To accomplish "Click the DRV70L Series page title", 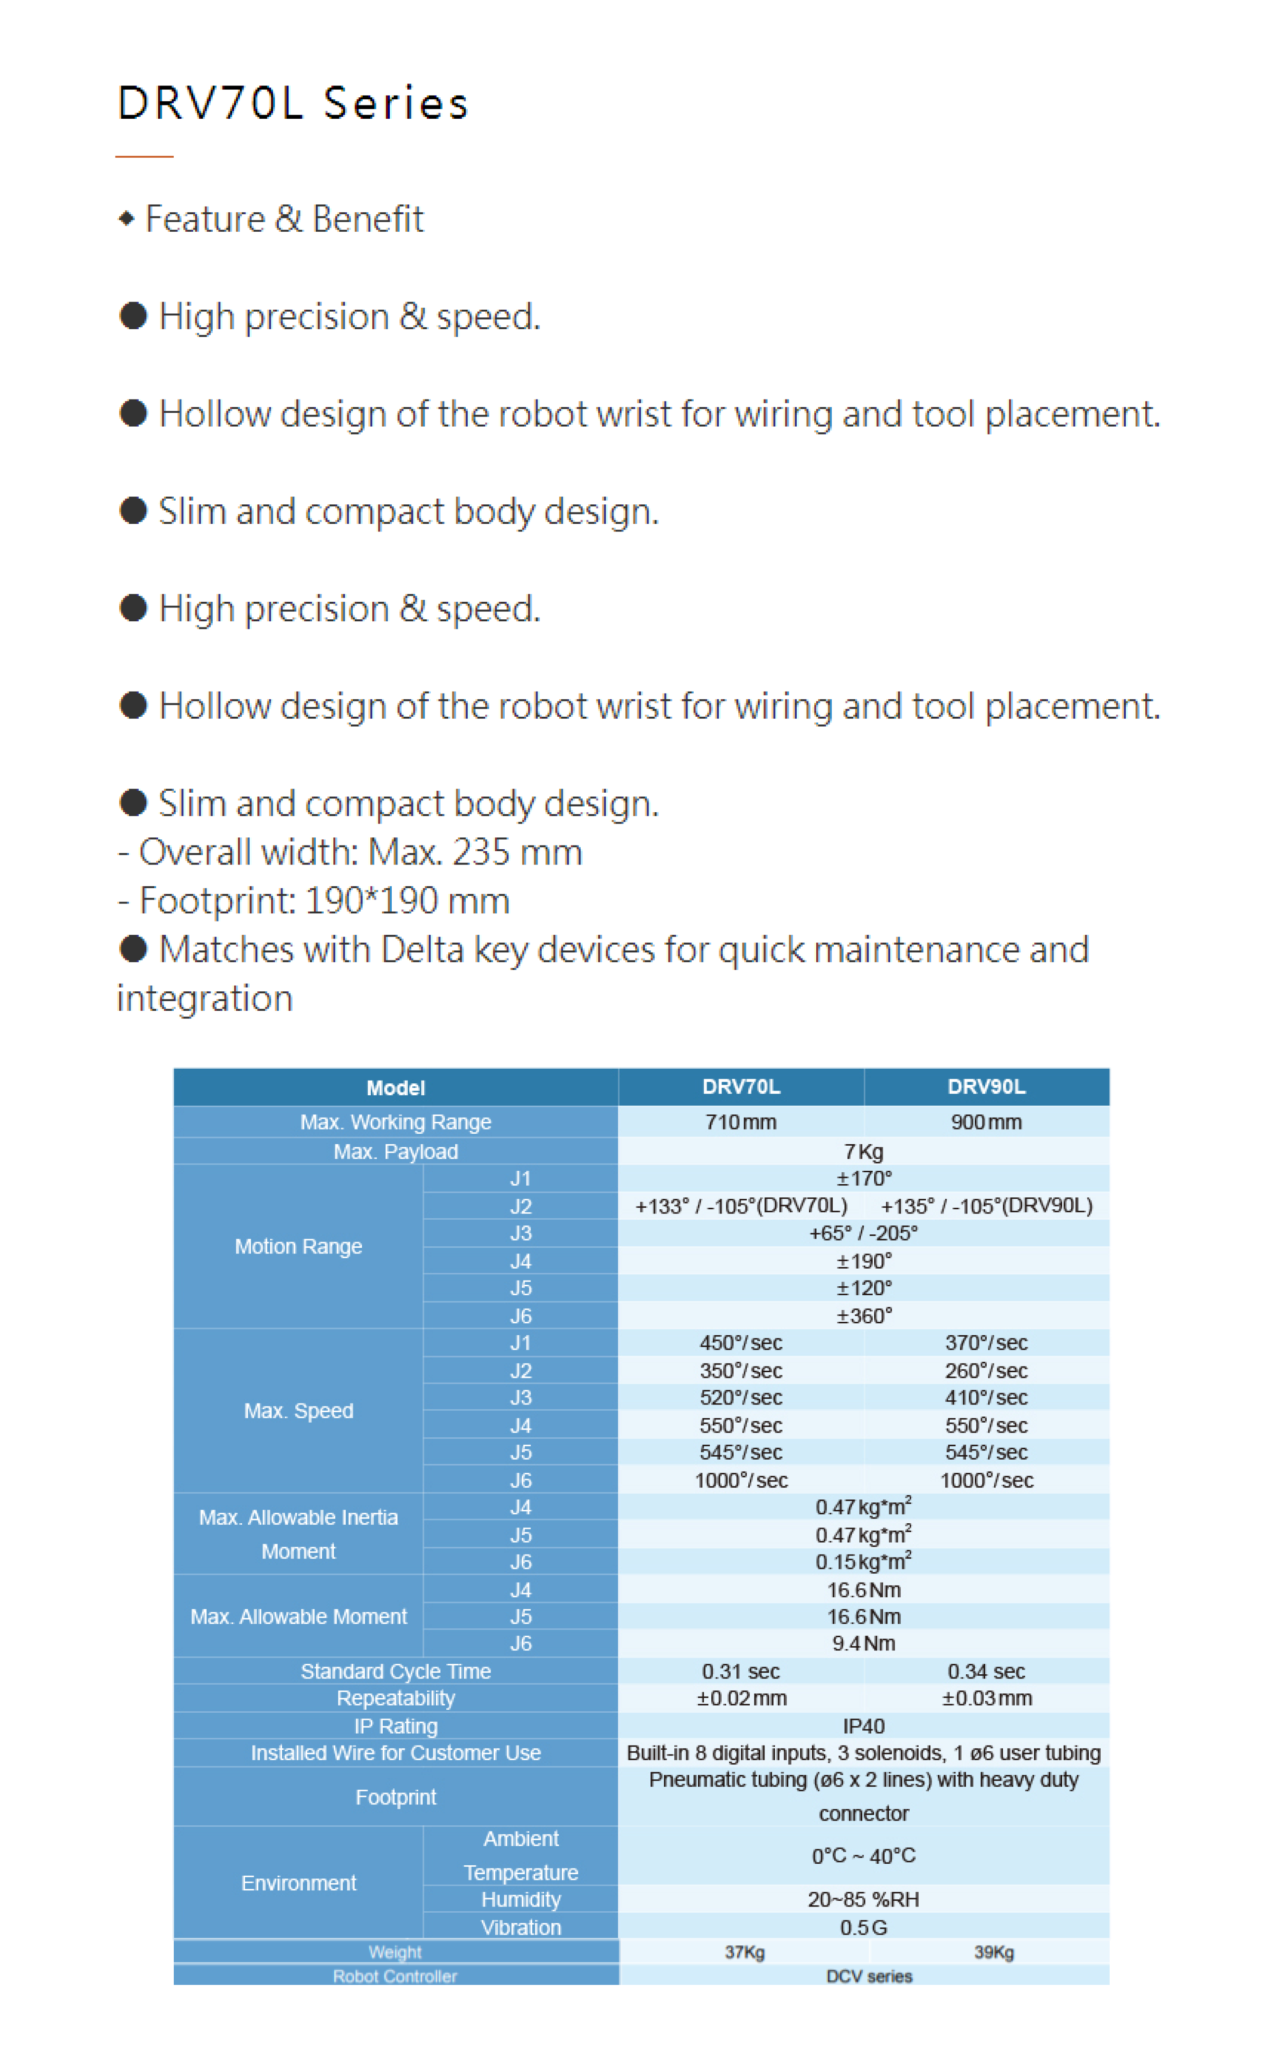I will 292,104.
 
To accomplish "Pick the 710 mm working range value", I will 740,1122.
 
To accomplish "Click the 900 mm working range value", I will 986,1122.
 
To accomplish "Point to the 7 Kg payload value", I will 863,1152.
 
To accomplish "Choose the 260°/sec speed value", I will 986,1370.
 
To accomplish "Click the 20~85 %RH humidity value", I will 863,1899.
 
